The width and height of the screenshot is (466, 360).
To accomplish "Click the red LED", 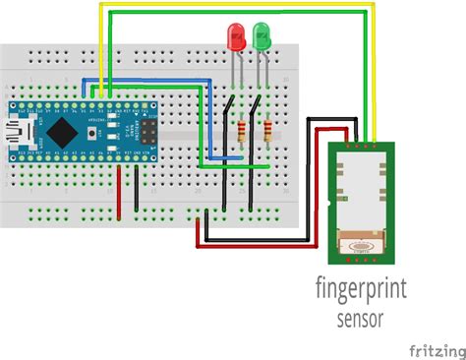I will coord(237,37).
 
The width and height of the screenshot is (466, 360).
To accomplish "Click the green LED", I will coord(262,37).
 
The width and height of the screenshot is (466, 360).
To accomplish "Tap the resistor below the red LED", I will coord(241,132).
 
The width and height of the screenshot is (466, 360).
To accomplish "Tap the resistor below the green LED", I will coord(264,132).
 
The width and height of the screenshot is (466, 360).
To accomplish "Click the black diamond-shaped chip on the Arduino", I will coord(63,130).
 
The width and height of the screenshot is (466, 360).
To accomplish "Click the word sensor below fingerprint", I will coord(360,318).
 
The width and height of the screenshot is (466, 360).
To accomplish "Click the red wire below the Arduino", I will coord(120,187).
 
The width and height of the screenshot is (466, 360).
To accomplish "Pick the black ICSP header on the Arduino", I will coord(147,130).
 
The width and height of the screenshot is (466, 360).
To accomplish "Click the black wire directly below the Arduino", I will coord(137,187).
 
